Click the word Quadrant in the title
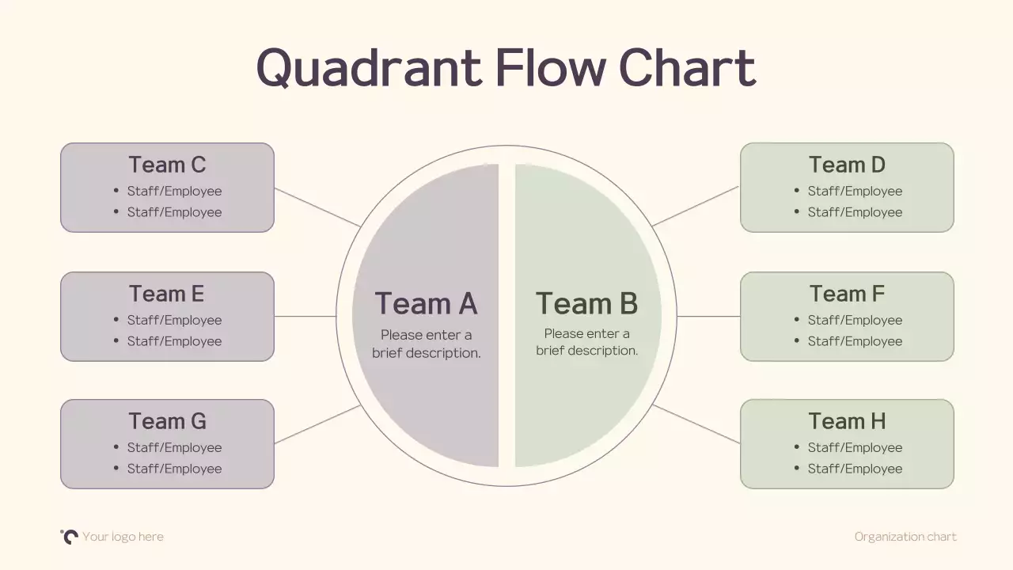tap(369, 68)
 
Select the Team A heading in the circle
tap(426, 304)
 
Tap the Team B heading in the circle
tap(586, 304)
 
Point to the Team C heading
tap(167, 165)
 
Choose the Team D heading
tap(847, 165)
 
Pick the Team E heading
tap(167, 294)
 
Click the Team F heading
tap(847, 294)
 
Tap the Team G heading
tap(167, 421)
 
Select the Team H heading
tap(847, 421)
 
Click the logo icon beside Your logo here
tap(70, 536)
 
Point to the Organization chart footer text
tap(905, 537)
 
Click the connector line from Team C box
tap(317, 207)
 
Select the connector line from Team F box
tap(708, 317)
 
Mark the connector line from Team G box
tap(317, 424)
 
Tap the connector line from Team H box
tap(696, 424)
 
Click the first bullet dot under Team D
tap(797, 191)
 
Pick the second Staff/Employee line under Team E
tap(174, 341)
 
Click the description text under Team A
tap(427, 344)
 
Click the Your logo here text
tap(123, 537)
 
